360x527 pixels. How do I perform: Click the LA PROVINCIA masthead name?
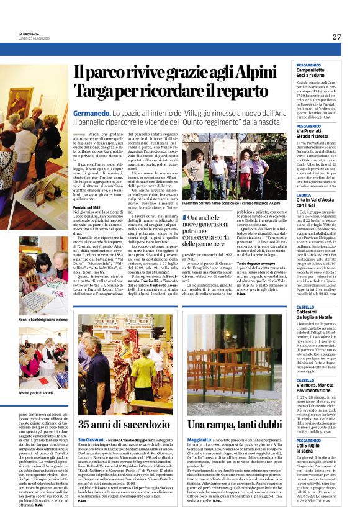tap(29, 34)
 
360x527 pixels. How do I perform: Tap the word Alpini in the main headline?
tap(242, 71)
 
